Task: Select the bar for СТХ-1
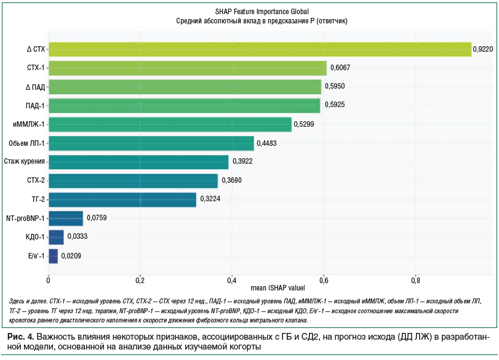188,68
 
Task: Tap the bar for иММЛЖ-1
170,124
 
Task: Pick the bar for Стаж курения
138,162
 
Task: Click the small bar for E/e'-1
53,256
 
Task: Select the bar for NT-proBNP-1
65,218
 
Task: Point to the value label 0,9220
483,49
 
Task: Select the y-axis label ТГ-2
37,200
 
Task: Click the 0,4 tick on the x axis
231,280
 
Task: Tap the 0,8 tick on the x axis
415,280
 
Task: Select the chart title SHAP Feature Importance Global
262,12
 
